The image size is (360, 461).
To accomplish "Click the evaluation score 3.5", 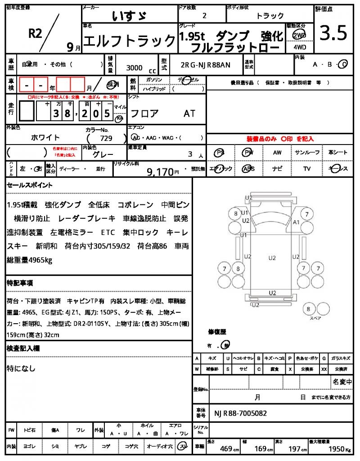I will click(x=333, y=33).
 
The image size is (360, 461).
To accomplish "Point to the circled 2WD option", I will click(x=297, y=35).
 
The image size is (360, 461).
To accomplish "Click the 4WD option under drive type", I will click(x=297, y=47).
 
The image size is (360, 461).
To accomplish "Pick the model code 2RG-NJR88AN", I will click(x=205, y=65).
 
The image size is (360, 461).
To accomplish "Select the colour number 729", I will click(x=106, y=138).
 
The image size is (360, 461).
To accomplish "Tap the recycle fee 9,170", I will click(x=160, y=171).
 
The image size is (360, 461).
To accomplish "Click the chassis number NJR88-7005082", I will click(x=240, y=413).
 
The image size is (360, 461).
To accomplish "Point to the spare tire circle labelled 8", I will click(x=308, y=309).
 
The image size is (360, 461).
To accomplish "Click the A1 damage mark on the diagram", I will click(x=296, y=222).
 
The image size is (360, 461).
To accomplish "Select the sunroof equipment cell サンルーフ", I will click(x=307, y=153).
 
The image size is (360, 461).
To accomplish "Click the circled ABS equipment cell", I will click(x=248, y=169).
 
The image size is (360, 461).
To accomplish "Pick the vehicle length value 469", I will click(x=226, y=449).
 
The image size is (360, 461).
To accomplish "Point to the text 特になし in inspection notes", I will click(x=21, y=368).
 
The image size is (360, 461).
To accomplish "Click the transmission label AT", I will click(x=189, y=113).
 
